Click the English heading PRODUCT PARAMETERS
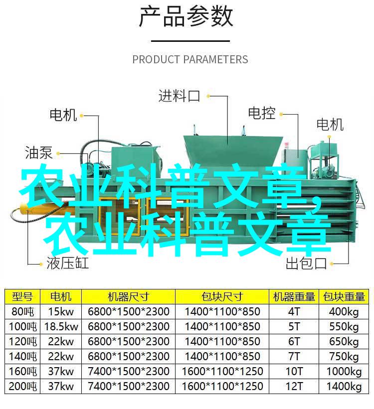tap(190, 59)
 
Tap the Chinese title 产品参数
tap(186, 17)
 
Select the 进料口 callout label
tap(179, 96)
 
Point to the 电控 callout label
tap(262, 113)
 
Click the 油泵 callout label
tap(39, 152)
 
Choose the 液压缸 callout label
tap(68, 263)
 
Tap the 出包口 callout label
tap(306, 263)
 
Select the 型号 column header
tap(22, 296)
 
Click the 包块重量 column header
tap(344, 296)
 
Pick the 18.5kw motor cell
tap(61, 327)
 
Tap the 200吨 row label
tap(22, 386)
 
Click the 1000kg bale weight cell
tap(344, 372)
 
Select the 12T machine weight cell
tap(294, 386)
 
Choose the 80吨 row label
tap(22, 311)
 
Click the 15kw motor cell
tap(61, 311)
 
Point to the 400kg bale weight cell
tap(344, 312)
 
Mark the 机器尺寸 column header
tap(128, 296)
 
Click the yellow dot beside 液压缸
tap(41, 264)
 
